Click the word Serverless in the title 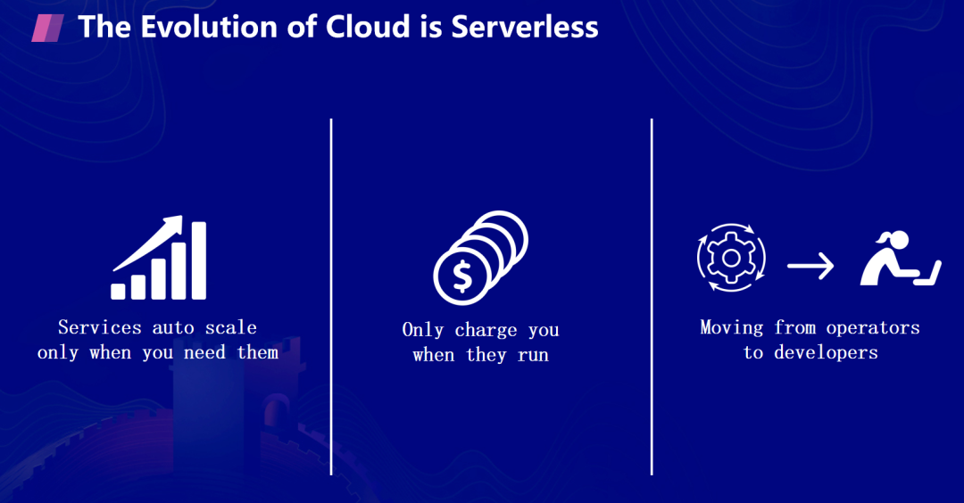524,27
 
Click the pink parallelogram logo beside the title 46,28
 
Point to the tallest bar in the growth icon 199,260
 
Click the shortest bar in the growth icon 118,291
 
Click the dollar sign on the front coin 461,277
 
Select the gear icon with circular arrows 730,259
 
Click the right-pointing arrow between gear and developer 810,266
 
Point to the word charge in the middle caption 486,330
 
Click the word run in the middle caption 533,355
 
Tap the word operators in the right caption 872,327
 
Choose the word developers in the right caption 826,352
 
